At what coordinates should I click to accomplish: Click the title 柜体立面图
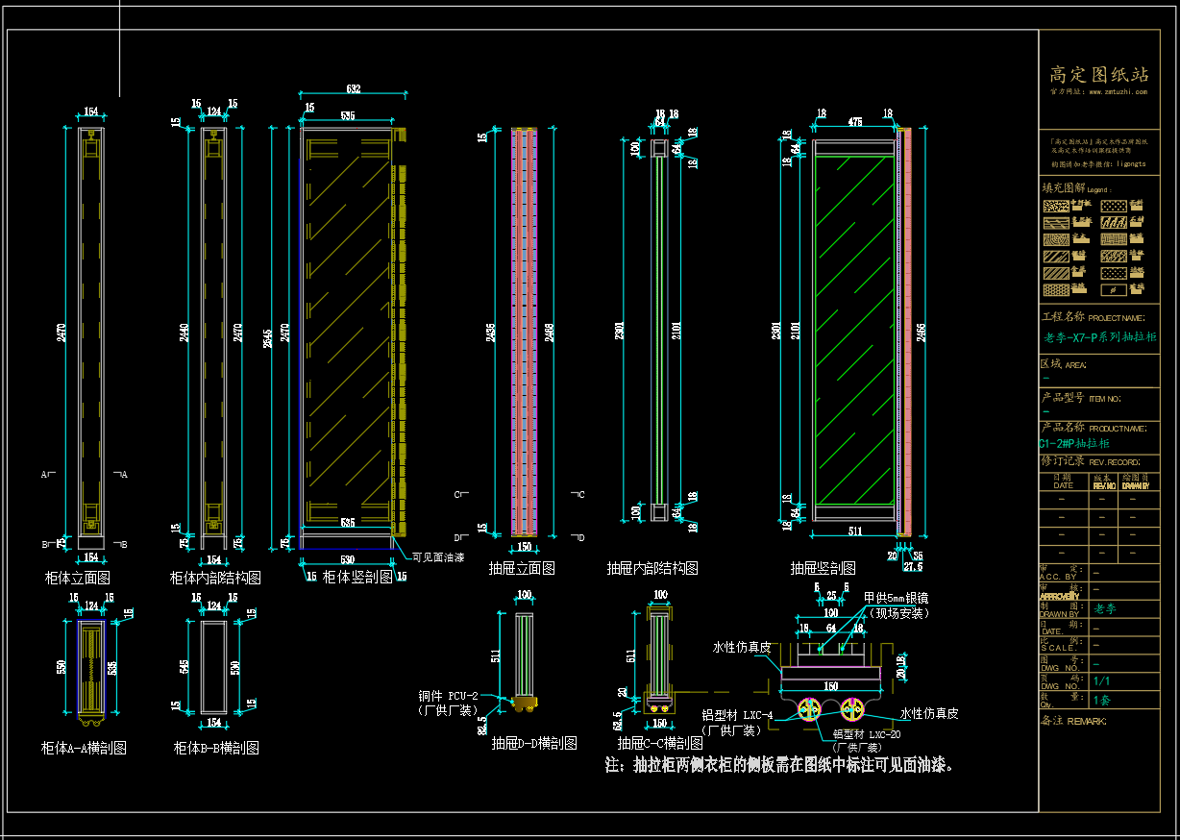pos(77,578)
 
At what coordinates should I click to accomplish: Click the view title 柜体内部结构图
pos(215,578)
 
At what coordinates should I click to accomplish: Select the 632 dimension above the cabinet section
pos(353,89)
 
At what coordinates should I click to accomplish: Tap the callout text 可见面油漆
pos(438,556)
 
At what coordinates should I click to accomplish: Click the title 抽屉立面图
pos(522,568)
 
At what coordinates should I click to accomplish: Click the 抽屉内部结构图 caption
pos(651,568)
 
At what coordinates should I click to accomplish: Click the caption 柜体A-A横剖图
pos(84,748)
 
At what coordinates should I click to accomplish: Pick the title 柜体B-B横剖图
pos(215,748)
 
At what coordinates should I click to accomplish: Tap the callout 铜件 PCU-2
pos(448,696)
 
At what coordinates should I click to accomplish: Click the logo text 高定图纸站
pos(1098,74)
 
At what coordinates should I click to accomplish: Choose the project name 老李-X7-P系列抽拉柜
pos(1099,337)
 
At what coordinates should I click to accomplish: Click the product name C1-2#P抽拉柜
pos(1073,444)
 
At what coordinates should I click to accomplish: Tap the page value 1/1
pos(1102,680)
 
